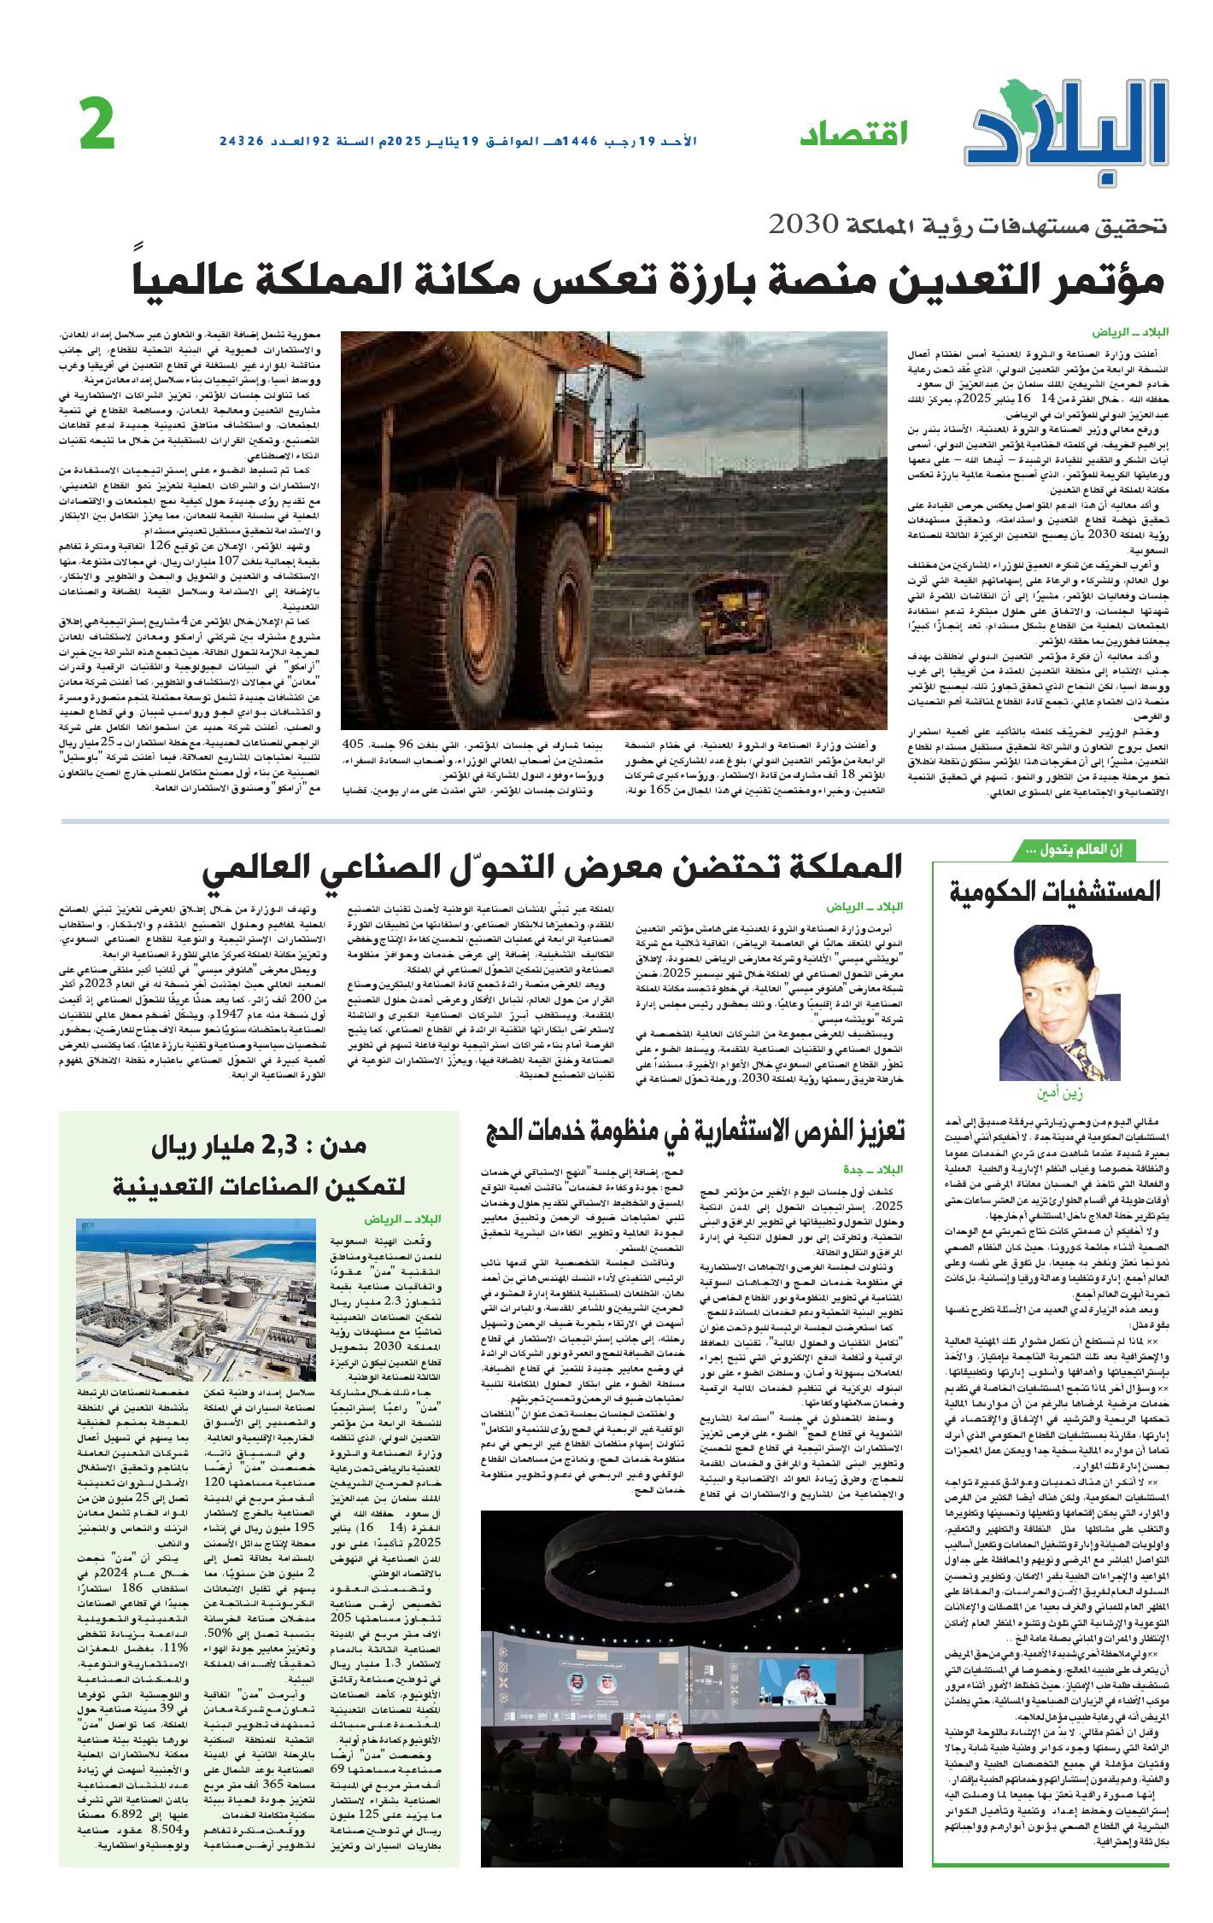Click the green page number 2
[97, 125]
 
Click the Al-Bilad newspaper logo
[1068, 128]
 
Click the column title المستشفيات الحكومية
[1055, 892]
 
